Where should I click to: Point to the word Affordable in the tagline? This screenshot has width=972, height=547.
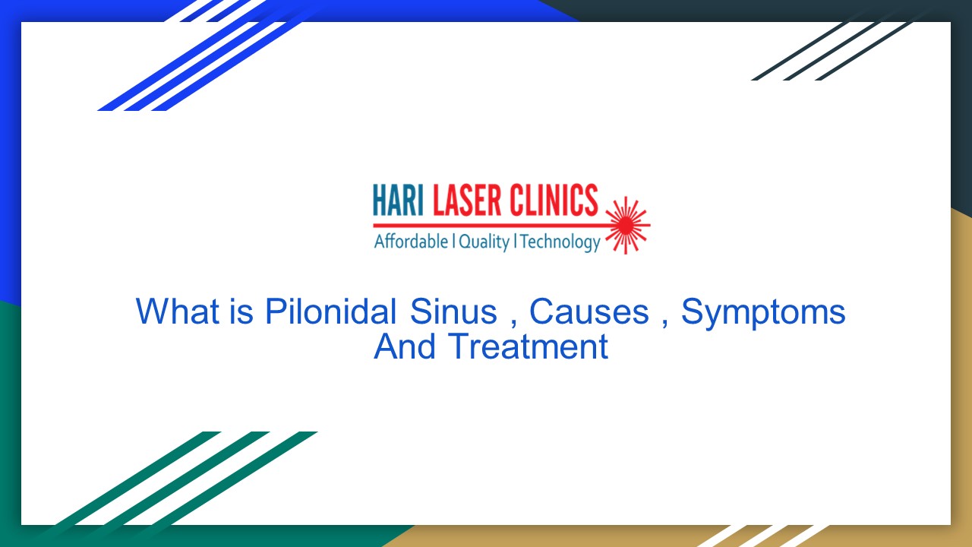(x=411, y=242)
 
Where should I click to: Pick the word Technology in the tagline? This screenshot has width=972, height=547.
(x=560, y=242)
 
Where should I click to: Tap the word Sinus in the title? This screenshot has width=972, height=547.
(x=453, y=311)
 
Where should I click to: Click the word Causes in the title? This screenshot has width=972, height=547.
(x=589, y=311)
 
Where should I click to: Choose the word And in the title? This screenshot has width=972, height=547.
(x=405, y=347)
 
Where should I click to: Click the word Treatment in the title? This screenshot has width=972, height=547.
(x=528, y=347)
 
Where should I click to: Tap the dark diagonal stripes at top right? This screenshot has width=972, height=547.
(x=835, y=49)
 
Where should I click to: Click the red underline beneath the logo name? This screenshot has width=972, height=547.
(x=494, y=226)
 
